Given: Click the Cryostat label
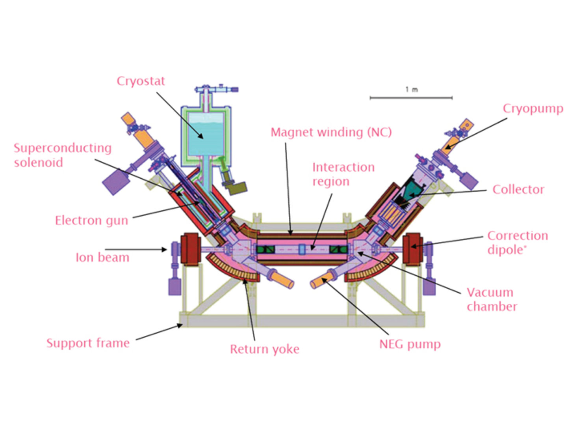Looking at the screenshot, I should [x=141, y=81].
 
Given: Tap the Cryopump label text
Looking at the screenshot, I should [x=533, y=108].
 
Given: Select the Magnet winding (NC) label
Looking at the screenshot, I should [x=331, y=132].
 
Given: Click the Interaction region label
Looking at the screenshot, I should [x=343, y=174].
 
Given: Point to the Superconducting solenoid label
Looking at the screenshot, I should [x=63, y=155].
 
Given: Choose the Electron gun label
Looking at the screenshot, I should [x=91, y=220].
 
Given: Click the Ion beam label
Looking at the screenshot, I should [x=102, y=258].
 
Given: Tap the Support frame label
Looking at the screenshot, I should [x=88, y=343].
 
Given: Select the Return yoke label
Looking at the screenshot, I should [x=265, y=349].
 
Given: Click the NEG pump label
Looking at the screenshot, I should [x=410, y=344].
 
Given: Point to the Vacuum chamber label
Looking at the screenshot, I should [x=492, y=299].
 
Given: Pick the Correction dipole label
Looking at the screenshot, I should [x=518, y=242].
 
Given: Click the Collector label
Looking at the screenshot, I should [x=518, y=190].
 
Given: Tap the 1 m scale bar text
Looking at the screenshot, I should [x=412, y=90].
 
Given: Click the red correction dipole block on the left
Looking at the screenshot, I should [x=191, y=249].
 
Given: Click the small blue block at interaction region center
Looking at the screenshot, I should [x=302, y=249].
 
